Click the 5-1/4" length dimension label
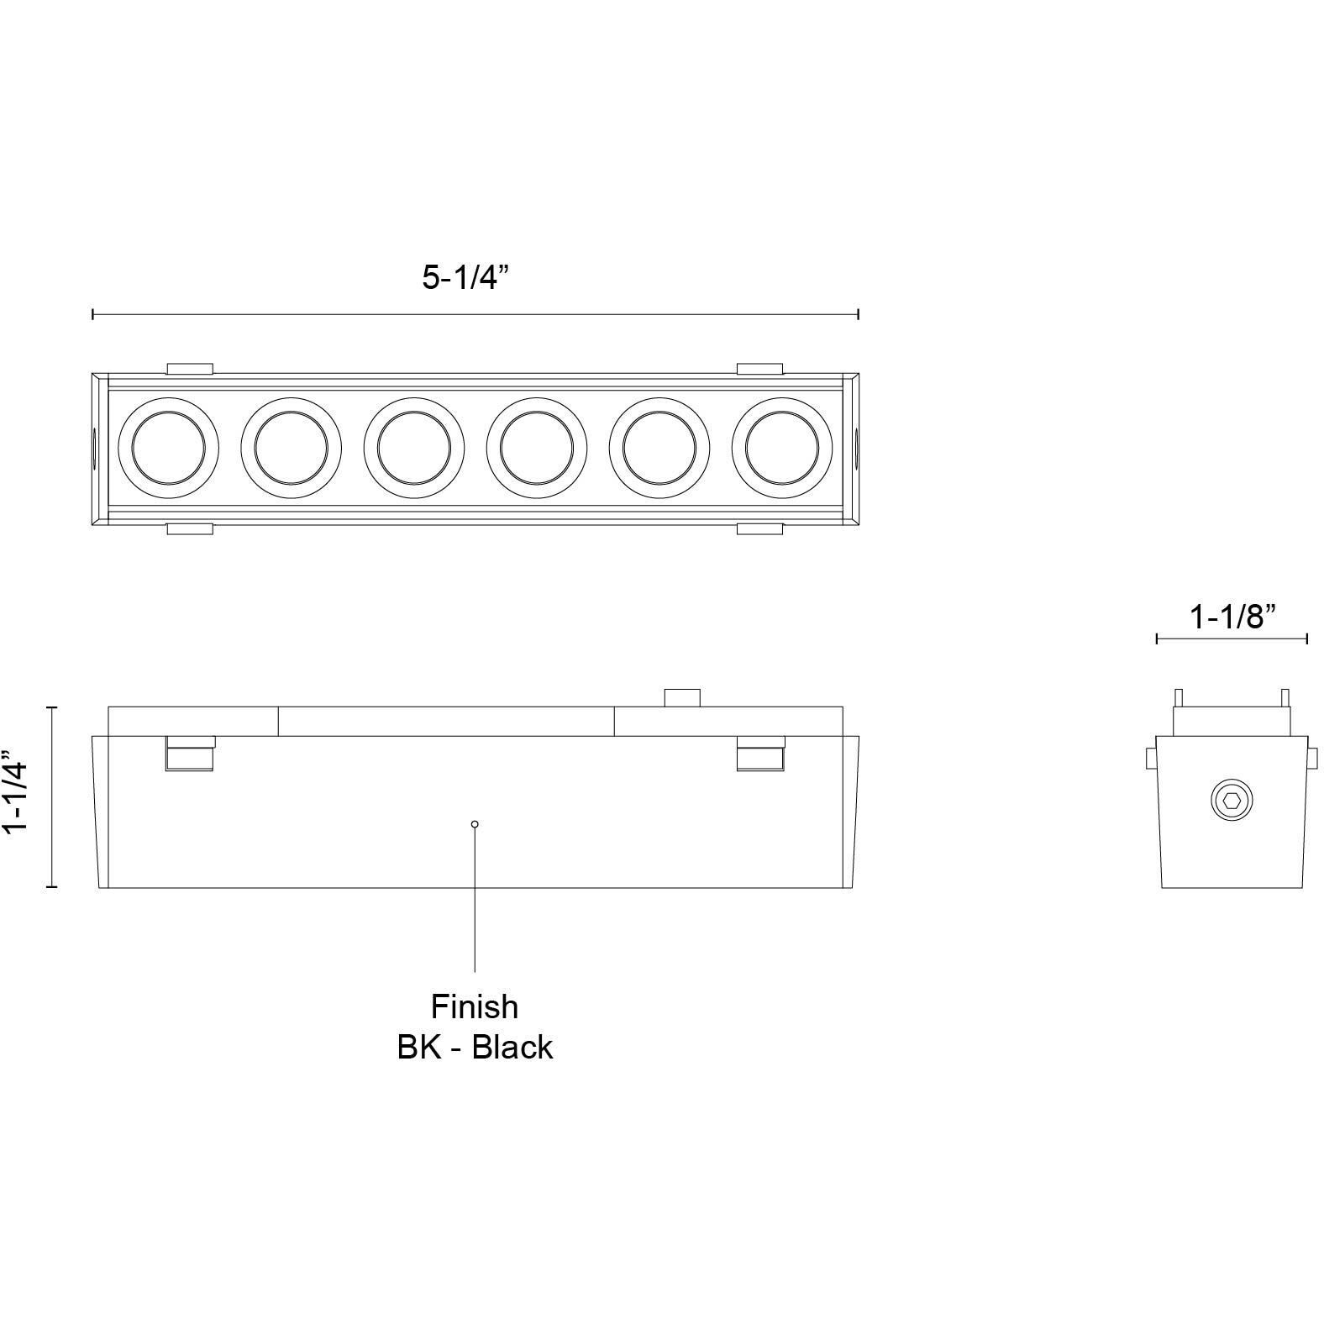(x=465, y=276)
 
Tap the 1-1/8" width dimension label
(x=1232, y=617)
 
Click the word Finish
(x=475, y=1006)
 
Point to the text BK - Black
(x=475, y=1048)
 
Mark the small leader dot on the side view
(x=475, y=824)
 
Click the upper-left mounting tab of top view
(x=190, y=368)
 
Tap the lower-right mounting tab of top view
(x=760, y=528)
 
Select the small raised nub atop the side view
(x=682, y=697)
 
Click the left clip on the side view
(x=190, y=754)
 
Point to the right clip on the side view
(x=760, y=754)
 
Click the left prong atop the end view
(x=1179, y=697)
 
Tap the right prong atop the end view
(x=1285, y=697)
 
